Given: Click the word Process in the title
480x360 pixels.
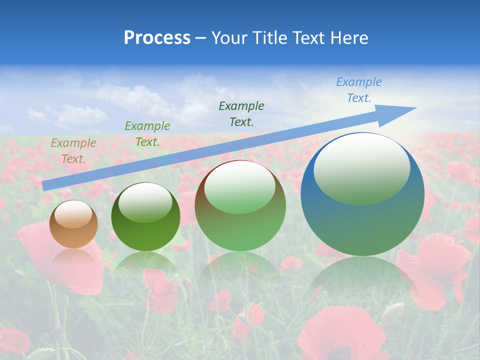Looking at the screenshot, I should (x=157, y=38).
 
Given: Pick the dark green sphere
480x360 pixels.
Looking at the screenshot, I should (x=145, y=235).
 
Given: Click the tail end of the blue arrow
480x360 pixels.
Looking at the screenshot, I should (x=46, y=185).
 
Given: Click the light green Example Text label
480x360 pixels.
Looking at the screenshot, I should (x=147, y=134).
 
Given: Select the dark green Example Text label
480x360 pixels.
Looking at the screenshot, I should (x=241, y=113).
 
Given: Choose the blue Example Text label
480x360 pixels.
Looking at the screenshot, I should (x=358, y=90).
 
